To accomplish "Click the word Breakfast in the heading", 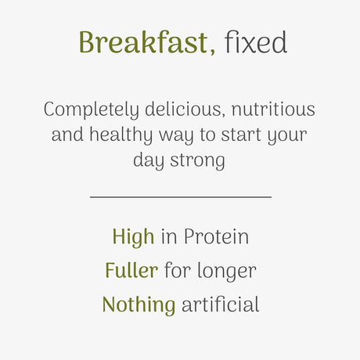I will [144, 43].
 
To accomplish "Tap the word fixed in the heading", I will [256, 43].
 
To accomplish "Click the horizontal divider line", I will [180, 197].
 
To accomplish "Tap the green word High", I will [133, 236].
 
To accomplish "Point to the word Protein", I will [216, 236].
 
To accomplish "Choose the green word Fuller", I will [131, 270].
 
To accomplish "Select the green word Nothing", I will [139, 304].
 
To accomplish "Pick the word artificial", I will [220, 304].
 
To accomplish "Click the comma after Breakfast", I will [213, 53].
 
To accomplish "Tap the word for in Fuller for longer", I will [177, 270].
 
